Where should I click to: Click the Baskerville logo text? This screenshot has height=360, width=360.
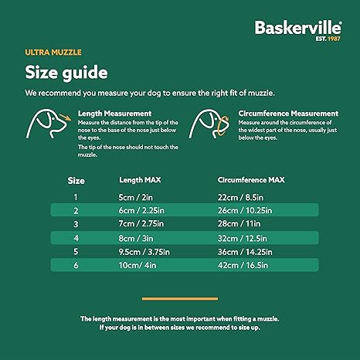299,29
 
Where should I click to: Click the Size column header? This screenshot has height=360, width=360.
76,180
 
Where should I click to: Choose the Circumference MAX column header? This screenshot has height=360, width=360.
251,180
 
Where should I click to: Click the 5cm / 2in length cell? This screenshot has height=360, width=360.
134,196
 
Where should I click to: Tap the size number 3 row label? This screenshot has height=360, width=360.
76,224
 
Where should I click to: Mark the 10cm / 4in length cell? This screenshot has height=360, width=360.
137,266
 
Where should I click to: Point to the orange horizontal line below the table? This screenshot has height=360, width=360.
179,298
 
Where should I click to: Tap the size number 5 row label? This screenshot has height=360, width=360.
76,252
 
